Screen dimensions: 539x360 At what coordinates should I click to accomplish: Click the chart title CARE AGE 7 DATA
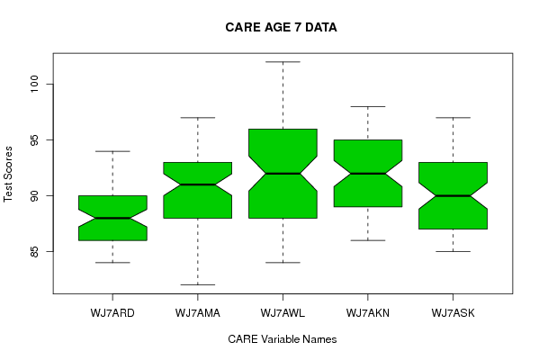click(x=281, y=28)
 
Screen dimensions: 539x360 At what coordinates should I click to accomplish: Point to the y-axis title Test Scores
click(x=8, y=174)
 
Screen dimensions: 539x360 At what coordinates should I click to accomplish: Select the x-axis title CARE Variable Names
click(x=283, y=339)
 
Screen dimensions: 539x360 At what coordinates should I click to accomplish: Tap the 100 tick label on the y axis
click(x=35, y=84)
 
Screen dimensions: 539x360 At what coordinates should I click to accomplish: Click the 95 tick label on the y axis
click(x=35, y=139)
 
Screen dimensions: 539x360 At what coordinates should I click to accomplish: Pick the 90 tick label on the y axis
click(x=35, y=195)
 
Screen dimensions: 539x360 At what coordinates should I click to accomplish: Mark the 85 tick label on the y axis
click(x=35, y=251)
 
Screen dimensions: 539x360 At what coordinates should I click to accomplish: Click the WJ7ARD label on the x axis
click(x=112, y=313)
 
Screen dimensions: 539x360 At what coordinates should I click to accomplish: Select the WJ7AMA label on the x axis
click(x=198, y=313)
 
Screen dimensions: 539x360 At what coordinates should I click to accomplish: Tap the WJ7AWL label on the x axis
click(x=283, y=313)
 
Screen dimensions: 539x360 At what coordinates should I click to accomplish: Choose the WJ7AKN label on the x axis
click(x=368, y=313)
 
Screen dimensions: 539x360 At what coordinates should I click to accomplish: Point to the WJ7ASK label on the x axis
click(x=453, y=313)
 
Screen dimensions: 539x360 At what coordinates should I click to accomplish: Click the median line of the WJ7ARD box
click(x=112, y=218)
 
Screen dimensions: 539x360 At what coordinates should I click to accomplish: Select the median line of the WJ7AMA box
click(x=198, y=184)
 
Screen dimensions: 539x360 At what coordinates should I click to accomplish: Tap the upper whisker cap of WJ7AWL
click(x=283, y=62)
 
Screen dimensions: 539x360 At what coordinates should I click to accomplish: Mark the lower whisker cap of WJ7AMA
click(x=198, y=284)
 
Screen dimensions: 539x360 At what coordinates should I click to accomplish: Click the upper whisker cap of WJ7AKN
click(x=368, y=106)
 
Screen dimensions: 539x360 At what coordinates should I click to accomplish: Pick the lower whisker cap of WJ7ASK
click(x=453, y=251)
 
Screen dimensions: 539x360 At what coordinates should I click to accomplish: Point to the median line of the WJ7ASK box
click(x=453, y=195)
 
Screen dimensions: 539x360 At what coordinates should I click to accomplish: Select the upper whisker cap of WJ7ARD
click(x=112, y=151)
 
